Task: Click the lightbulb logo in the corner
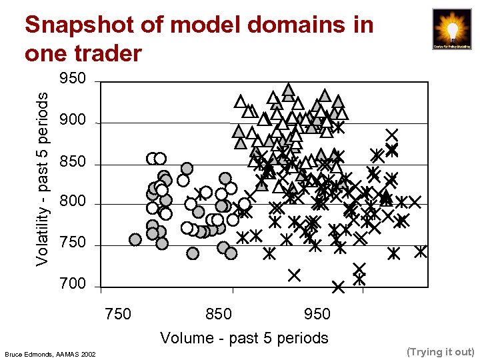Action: pos(451,29)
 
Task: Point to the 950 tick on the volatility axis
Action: pos(73,79)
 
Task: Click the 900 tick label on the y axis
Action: pos(73,120)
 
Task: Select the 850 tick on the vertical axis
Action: pos(73,161)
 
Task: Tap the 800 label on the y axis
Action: pos(73,201)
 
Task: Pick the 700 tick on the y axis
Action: pos(73,284)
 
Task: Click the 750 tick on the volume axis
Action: pos(119,314)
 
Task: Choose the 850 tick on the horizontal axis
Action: pos(219,314)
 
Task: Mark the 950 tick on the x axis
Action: pos(317,314)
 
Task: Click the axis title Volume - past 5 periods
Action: pos(244,338)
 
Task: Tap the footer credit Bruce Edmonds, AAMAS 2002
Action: pos(49,353)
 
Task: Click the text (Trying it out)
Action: pos(440,351)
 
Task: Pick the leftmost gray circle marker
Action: pos(135,239)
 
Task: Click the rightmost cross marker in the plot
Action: pos(421,251)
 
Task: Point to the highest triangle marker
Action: pos(288,89)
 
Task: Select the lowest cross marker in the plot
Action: pos(338,287)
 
